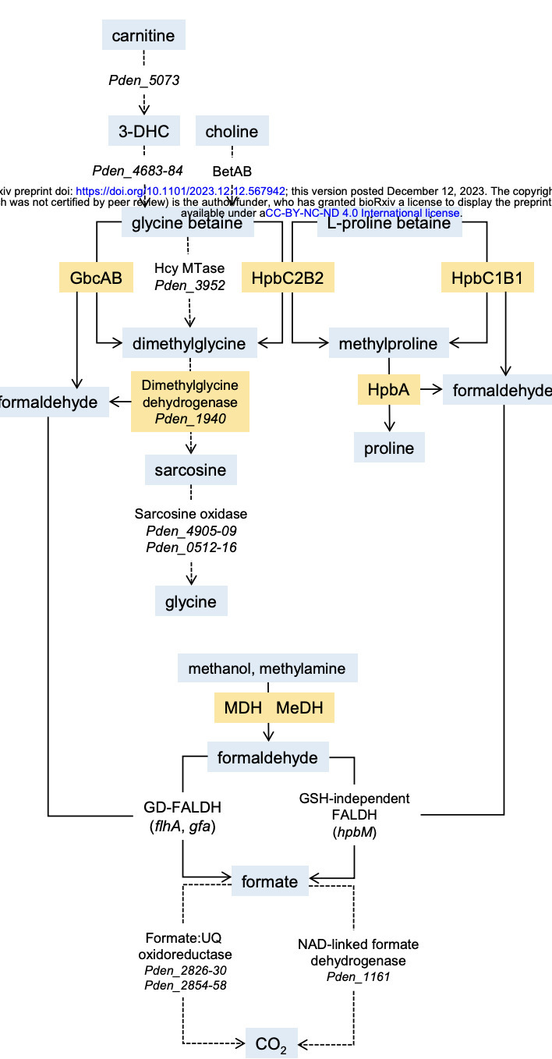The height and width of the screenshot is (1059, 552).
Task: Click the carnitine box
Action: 144,36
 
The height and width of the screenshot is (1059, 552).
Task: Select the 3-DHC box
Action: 144,131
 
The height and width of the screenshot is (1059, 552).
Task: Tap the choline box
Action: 232,131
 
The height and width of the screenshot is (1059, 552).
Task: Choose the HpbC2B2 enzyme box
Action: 288,278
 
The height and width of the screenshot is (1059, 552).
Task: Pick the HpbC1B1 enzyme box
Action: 487,278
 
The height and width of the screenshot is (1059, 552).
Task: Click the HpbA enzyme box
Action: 389,389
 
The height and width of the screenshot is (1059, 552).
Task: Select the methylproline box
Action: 387,343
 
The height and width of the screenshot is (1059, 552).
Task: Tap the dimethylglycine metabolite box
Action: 189,343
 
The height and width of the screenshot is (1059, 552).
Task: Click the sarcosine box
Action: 190,470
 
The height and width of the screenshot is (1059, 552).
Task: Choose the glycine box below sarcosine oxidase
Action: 191,602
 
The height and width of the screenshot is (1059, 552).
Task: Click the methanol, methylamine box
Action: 267,668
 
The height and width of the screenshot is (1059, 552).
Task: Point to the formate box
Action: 269,881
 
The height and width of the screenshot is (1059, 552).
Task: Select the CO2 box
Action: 271,1043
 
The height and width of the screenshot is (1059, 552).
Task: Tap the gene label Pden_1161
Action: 356,976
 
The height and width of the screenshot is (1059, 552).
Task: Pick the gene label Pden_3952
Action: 189,285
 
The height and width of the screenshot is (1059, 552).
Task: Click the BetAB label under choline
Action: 232,170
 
